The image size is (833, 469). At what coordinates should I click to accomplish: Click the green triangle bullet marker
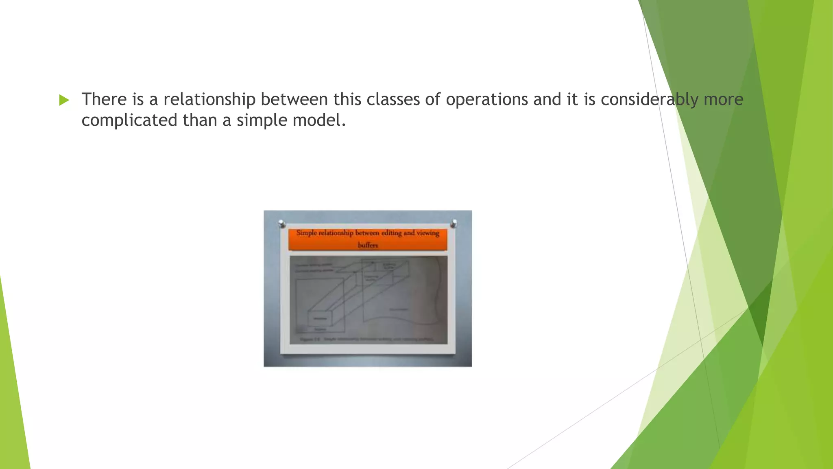[64, 100]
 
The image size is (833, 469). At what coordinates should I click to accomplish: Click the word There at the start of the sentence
[104, 99]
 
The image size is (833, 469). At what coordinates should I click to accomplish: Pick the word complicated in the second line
[129, 121]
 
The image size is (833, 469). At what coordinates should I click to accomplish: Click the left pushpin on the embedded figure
[281, 224]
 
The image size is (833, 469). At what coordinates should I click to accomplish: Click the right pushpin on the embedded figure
[454, 223]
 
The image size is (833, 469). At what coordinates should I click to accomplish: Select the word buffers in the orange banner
[368, 245]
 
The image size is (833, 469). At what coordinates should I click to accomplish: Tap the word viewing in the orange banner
[427, 233]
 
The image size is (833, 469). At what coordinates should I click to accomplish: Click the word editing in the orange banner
[391, 233]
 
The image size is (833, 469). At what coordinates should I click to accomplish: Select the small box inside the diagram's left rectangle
[320, 319]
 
